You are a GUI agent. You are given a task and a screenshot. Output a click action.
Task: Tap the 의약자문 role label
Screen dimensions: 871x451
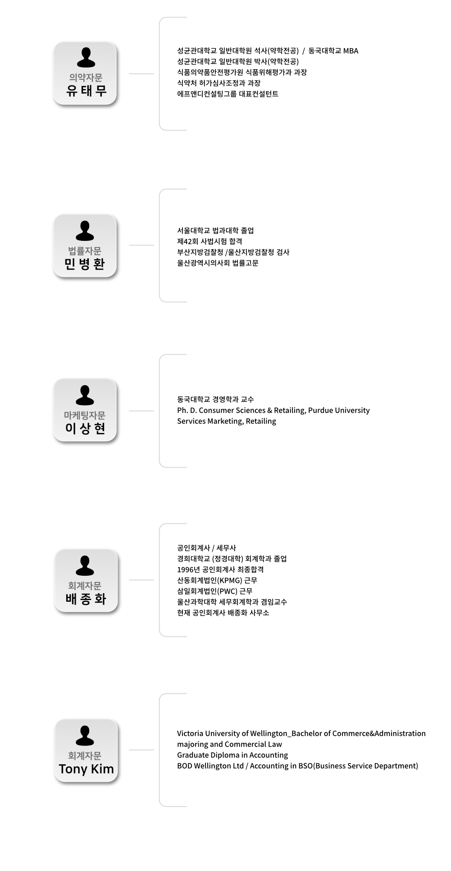[x=85, y=78]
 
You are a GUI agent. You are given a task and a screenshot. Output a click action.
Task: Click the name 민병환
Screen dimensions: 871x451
[x=85, y=264]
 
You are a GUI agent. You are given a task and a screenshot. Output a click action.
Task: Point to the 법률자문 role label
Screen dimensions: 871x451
[x=85, y=251]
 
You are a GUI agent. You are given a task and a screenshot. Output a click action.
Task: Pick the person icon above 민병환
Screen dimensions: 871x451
[x=85, y=230]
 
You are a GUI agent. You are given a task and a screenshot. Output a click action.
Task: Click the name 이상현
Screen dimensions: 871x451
[x=85, y=428]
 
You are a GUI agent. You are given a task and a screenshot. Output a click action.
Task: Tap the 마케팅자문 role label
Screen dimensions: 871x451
[x=85, y=415]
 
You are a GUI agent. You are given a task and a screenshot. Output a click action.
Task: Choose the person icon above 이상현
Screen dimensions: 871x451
[x=85, y=395]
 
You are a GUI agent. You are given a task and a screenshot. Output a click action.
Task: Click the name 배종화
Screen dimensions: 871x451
[x=86, y=599]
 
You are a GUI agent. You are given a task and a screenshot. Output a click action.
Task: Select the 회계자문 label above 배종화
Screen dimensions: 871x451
[x=85, y=586]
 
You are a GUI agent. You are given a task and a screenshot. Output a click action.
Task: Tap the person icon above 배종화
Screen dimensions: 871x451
[x=85, y=565]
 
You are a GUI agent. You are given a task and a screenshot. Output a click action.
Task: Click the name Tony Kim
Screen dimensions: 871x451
[x=86, y=769]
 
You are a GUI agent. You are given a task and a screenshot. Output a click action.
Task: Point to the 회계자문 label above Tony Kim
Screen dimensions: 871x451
[x=85, y=756]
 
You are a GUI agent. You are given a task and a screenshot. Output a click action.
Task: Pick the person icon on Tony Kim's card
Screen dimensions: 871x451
[x=85, y=736]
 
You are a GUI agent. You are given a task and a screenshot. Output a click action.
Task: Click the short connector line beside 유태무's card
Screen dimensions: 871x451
[x=141, y=73]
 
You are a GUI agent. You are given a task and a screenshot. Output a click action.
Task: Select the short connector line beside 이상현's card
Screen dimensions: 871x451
[x=141, y=411]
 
